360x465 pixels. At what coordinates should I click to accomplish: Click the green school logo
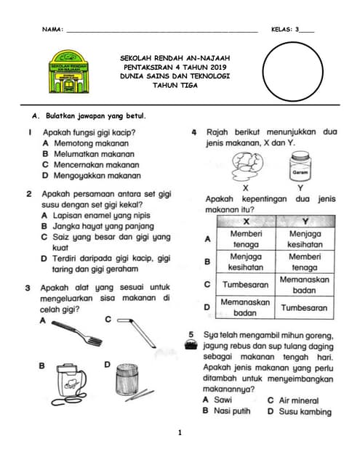pos(68,71)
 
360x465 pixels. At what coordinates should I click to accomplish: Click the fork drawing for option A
pos(77,333)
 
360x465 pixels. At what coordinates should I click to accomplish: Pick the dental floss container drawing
pos(69,384)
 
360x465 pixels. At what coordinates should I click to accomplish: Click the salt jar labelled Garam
pos(300,166)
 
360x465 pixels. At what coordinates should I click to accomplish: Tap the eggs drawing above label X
pos(247,166)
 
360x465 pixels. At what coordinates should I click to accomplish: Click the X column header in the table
pos(247,222)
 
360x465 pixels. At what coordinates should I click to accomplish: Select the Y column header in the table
pos(305,222)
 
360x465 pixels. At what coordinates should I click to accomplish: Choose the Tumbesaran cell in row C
pos(245,285)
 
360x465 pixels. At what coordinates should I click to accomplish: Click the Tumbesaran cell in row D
pos(304,307)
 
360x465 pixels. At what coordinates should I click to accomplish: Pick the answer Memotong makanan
pos(92,143)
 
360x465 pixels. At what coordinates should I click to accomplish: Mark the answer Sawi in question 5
pos(223,400)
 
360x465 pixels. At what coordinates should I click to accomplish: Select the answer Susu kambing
pos(305,412)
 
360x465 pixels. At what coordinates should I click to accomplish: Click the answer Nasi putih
pos(232,411)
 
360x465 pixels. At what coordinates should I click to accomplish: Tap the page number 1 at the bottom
pos(180,433)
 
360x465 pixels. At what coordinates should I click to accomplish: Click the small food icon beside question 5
pos(191,345)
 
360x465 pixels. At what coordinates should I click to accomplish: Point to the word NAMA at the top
pos(52,29)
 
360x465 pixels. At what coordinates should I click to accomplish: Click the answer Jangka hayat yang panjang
pos(103,226)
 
